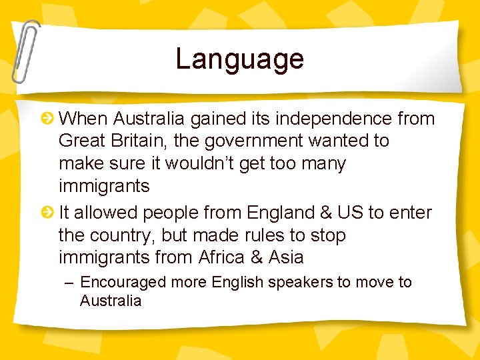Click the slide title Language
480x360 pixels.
(239, 59)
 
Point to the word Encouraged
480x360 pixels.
(123, 283)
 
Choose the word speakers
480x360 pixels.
(301, 283)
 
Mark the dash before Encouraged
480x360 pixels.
(69, 283)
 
